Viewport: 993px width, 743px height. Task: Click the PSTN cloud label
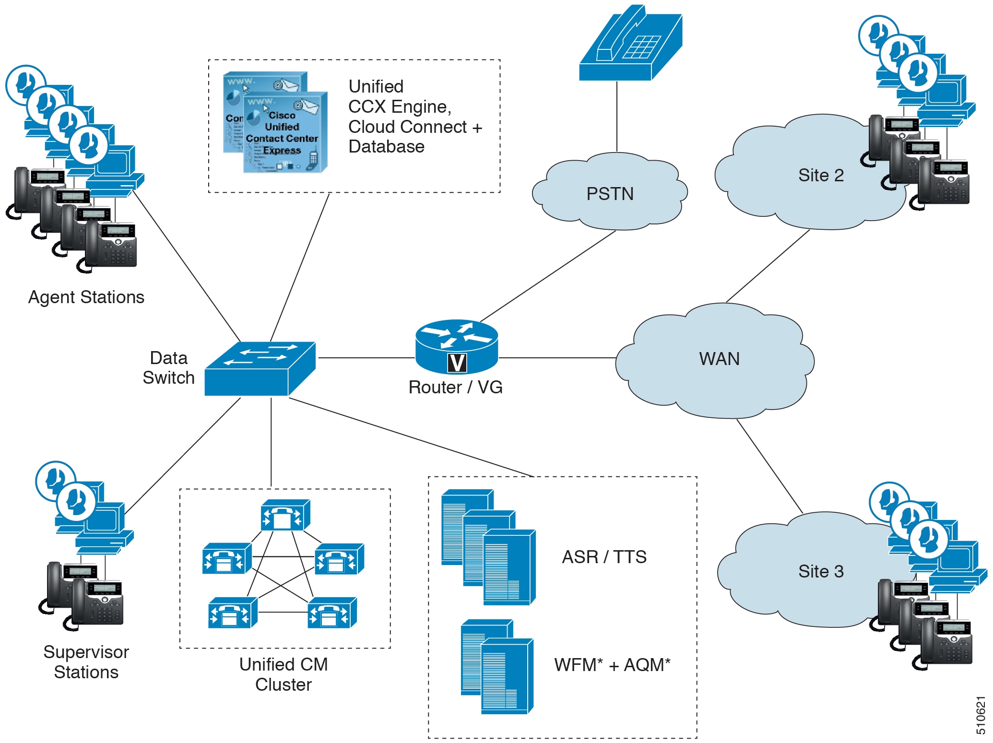click(610, 194)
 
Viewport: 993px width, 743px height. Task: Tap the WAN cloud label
click(719, 359)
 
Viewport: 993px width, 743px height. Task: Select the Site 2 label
click(821, 175)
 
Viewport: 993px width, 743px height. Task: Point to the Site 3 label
click(821, 571)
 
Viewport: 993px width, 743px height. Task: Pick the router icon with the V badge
click(457, 346)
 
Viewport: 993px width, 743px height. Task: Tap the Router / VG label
click(455, 387)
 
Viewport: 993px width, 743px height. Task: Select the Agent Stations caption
click(86, 297)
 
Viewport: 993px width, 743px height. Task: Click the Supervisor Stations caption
click(86, 662)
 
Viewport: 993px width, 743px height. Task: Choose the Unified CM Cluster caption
click(284, 674)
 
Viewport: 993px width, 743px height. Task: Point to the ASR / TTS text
click(604, 557)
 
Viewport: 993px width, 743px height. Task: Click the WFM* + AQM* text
click(612, 665)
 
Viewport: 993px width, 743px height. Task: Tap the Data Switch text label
click(168, 368)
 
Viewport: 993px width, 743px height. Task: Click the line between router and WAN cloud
click(556, 358)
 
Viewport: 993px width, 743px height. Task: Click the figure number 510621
click(981, 715)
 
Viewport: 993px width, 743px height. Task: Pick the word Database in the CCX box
click(386, 146)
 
